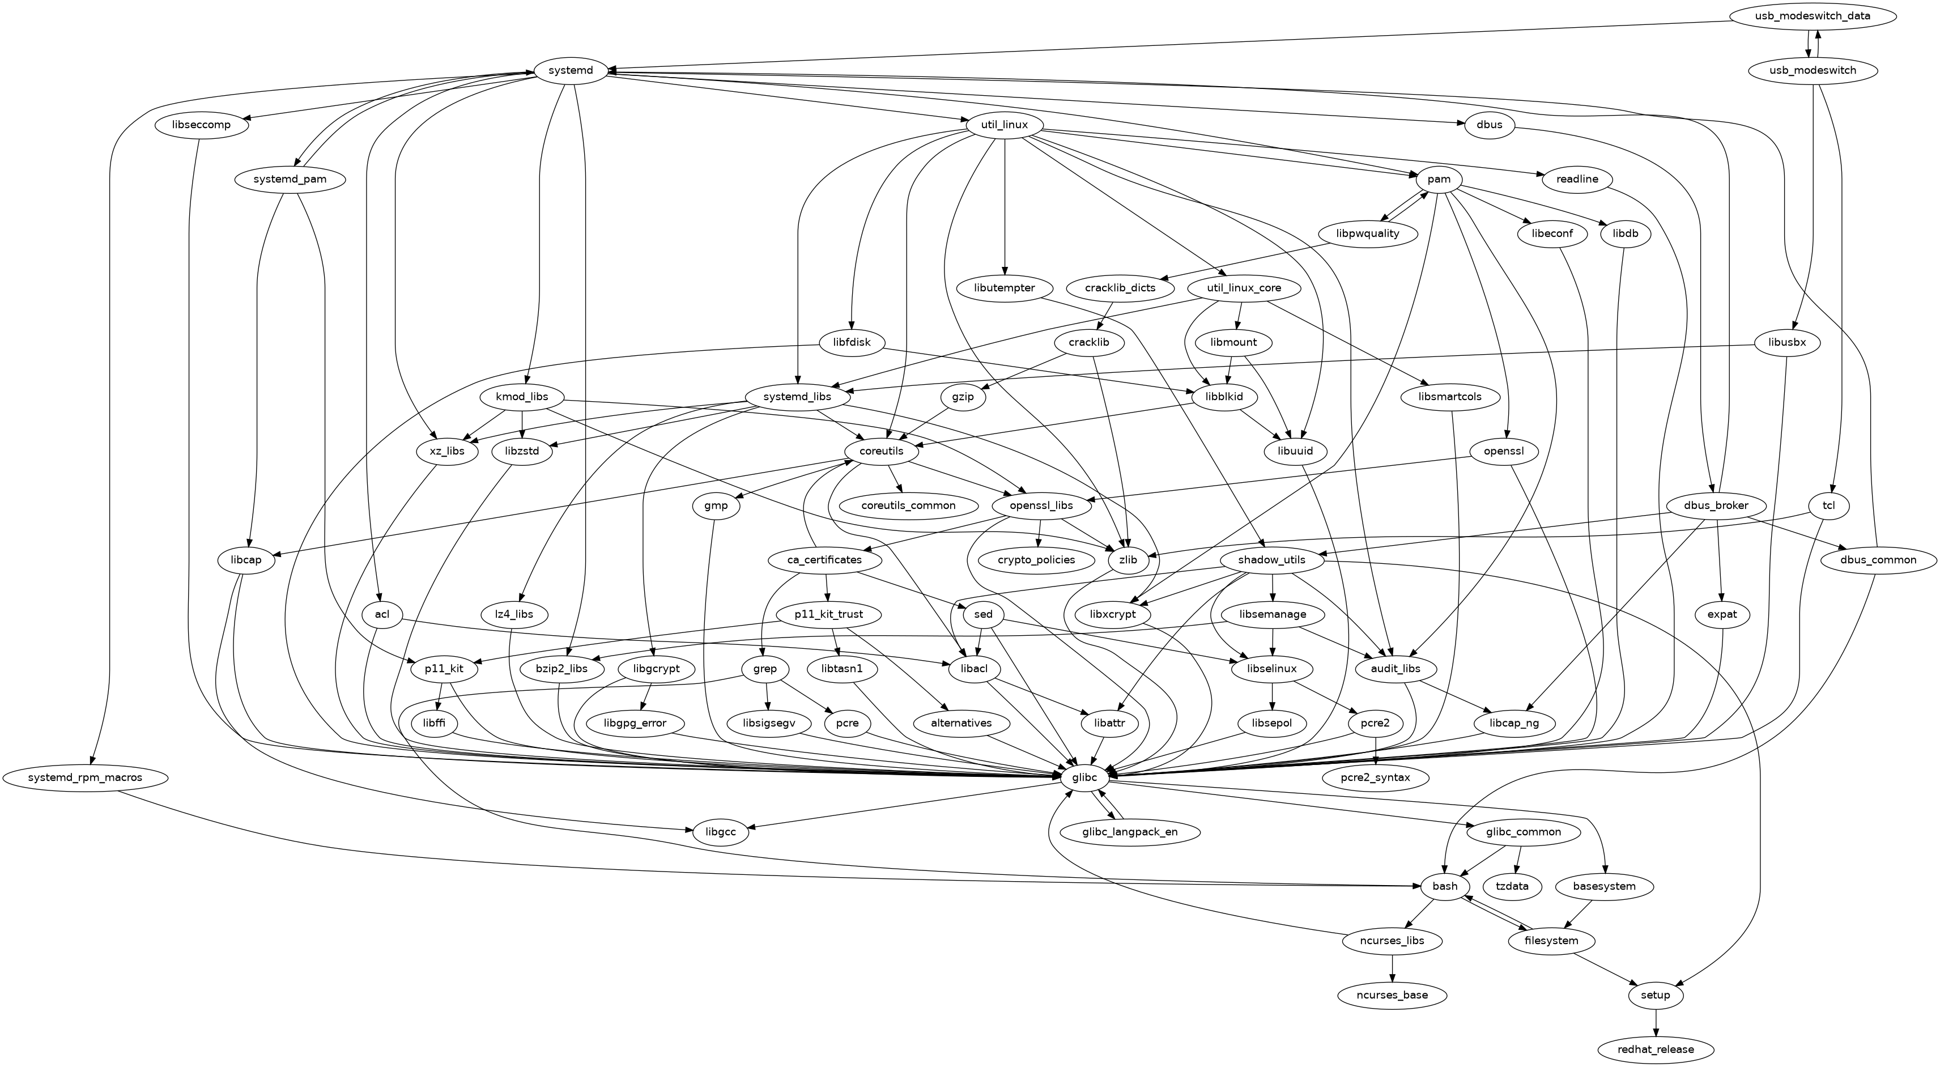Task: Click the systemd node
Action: pos(571,71)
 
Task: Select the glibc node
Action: pos(1084,777)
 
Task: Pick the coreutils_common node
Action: pos(908,505)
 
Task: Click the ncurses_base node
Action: pos(1393,994)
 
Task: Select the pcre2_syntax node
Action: pos(1375,777)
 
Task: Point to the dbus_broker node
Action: pos(1715,505)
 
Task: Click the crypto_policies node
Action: pos(1036,560)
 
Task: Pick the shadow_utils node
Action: pos(1271,560)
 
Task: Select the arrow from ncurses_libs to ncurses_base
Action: pos(1393,968)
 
